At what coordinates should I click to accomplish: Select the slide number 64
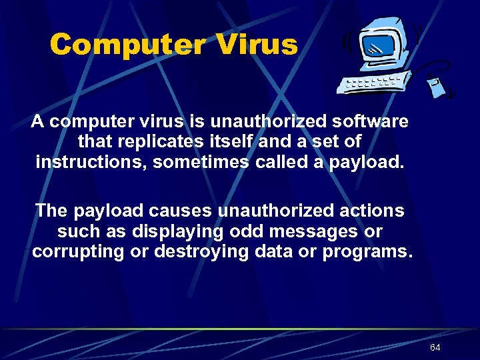click(x=435, y=348)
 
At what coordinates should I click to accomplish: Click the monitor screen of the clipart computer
click(x=377, y=47)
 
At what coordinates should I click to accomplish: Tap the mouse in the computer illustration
click(x=437, y=87)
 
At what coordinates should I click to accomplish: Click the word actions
click(x=369, y=211)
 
